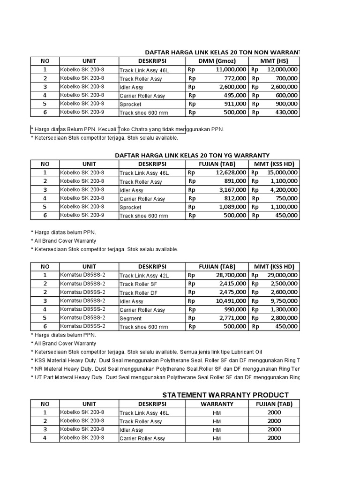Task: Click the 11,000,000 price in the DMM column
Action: pos(231,69)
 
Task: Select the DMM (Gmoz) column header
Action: pos(217,61)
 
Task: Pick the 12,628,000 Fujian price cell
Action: pos(231,172)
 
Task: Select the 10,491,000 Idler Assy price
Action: pos(231,301)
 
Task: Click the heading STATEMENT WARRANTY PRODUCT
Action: pos(225,395)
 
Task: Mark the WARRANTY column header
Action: pos(217,404)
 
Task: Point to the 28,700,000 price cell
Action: pos(231,275)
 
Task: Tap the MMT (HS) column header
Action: pos(274,61)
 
